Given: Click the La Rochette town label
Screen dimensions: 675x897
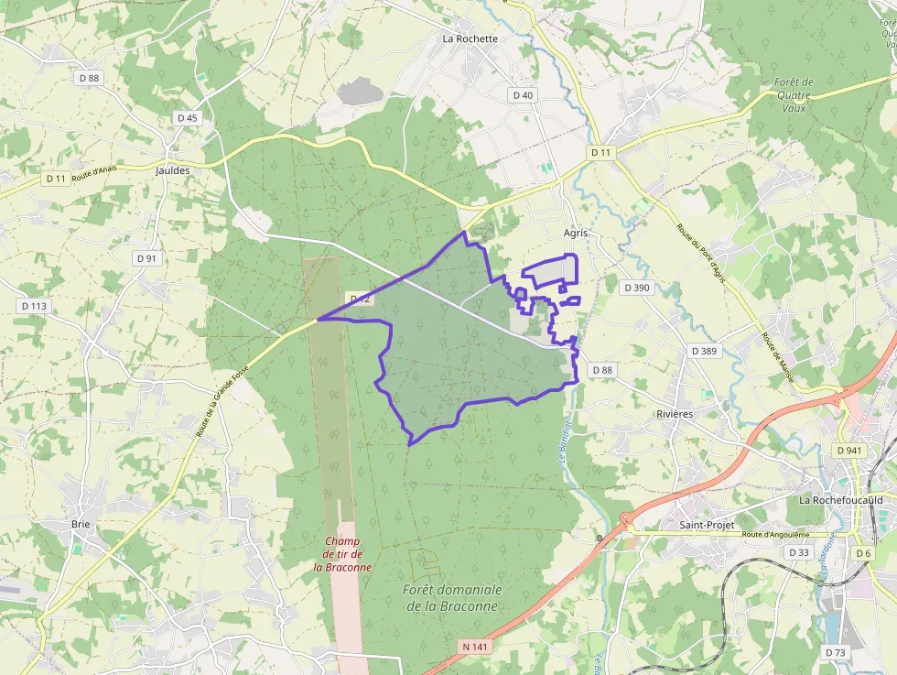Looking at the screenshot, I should point(470,38).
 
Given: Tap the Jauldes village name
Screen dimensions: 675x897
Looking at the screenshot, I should point(173,170).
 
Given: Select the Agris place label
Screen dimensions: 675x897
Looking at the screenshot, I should point(575,234).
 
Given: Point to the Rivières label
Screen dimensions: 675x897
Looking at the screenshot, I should point(675,414).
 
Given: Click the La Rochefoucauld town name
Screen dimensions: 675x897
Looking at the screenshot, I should point(841,500).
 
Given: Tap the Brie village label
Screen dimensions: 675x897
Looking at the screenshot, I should point(81,525).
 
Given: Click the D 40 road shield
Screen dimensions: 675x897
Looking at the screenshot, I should point(523,95).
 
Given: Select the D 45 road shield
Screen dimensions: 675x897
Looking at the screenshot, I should point(188,118).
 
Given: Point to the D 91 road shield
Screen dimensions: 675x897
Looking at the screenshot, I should point(147,258).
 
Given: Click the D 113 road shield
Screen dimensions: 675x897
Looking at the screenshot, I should point(34,306).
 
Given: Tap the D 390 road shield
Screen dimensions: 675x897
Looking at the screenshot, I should point(636,288).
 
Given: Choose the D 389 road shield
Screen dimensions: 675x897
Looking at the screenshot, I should point(705,351).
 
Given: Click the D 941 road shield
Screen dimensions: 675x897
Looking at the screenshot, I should point(850,451).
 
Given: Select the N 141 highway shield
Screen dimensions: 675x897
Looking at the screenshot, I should point(473,647).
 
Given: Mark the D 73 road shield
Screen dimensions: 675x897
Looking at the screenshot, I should point(836,652).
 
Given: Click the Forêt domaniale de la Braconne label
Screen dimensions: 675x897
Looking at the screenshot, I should point(452,597).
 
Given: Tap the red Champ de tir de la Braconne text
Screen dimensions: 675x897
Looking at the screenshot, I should point(343,554).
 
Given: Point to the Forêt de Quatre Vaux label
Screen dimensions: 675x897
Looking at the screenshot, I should point(794,94).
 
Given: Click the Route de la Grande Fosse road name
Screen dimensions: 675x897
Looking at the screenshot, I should point(222,400).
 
